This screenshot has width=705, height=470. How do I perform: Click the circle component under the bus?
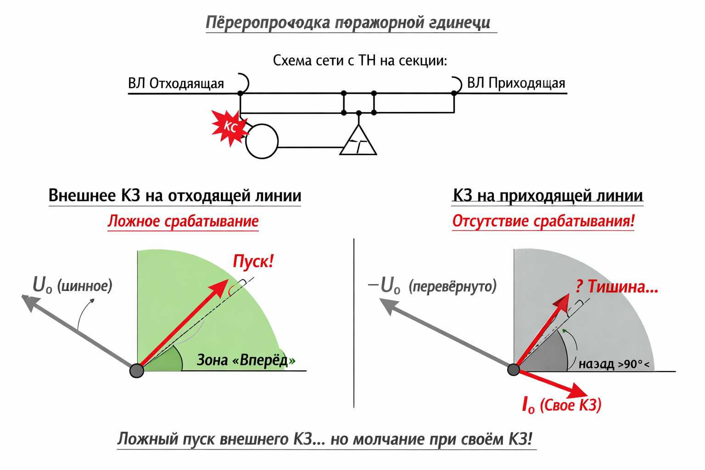click(262, 141)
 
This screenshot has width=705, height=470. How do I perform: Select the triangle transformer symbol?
click(358, 143)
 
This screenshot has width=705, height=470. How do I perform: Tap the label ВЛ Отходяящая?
click(176, 84)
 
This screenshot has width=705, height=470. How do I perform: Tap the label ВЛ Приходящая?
click(516, 83)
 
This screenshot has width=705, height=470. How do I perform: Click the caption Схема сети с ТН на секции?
click(360, 61)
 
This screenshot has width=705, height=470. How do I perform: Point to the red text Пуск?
click(253, 261)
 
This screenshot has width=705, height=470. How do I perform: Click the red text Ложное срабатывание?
click(183, 221)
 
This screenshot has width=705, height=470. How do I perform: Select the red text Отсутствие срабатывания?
click(543, 221)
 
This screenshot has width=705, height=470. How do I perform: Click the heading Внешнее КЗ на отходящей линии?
click(175, 196)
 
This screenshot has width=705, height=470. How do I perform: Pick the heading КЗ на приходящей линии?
click(548, 196)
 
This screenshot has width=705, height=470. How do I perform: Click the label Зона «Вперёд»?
click(246, 360)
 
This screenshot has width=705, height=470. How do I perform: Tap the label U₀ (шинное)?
click(73, 285)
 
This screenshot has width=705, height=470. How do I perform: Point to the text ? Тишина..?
click(617, 287)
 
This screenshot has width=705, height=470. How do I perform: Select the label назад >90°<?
click(614, 364)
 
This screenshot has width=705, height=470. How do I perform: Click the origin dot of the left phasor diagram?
click(137, 370)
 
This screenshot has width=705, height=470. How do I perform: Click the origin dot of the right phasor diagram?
click(514, 369)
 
